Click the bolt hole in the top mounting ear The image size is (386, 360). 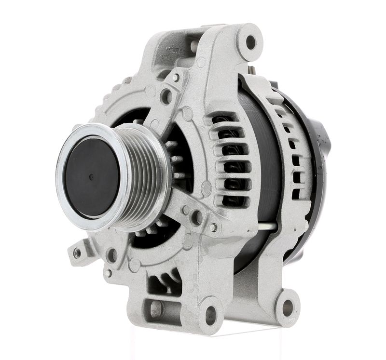pyautogui.click(x=251, y=42)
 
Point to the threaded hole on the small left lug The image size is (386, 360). pyautogui.click(x=77, y=251)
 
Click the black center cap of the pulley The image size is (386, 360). pyautogui.click(x=92, y=176)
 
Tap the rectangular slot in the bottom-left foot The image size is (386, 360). pyautogui.click(x=155, y=308)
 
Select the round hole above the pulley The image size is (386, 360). pyautogui.click(x=166, y=96)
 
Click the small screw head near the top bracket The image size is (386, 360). pyautogui.click(x=176, y=77)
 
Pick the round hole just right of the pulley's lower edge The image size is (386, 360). pyautogui.click(x=196, y=217)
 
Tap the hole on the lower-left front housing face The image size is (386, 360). pyautogui.click(x=112, y=255)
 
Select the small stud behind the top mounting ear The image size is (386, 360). pyautogui.click(x=251, y=71)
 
